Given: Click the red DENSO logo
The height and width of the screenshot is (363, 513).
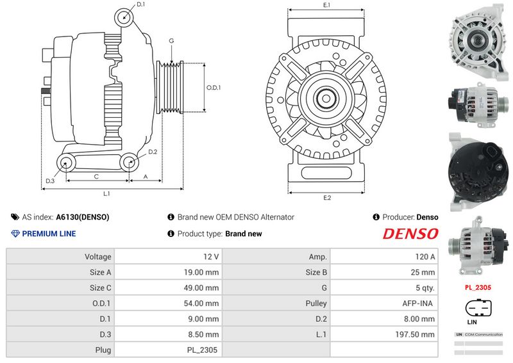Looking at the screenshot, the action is [410, 234].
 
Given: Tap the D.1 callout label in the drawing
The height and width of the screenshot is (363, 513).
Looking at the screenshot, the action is [140, 4].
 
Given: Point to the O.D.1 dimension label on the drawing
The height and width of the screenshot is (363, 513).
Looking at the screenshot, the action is [214, 88].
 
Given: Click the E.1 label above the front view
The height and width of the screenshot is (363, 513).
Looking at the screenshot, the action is [326, 5].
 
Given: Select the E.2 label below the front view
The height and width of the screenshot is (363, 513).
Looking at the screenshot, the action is [327, 198].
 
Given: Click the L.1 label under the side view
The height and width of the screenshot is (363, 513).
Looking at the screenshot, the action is [106, 194].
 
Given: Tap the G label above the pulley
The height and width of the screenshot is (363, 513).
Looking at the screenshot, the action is [171, 41].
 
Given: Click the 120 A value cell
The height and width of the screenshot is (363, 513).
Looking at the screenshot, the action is [425, 257].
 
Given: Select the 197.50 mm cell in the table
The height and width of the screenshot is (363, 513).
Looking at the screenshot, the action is [415, 334].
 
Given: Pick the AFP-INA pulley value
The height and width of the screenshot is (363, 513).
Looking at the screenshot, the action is [417, 303].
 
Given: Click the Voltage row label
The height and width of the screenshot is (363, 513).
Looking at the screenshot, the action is [98, 257].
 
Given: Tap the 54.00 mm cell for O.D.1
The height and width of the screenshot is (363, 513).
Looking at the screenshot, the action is [201, 303].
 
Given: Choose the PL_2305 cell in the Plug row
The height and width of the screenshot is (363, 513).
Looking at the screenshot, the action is [202, 350].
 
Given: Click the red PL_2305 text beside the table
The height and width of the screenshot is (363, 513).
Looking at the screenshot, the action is [478, 287].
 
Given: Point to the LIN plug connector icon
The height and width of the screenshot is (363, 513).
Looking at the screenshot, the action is [478, 308].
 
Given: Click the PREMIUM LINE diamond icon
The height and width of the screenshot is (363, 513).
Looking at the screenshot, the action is [15, 234].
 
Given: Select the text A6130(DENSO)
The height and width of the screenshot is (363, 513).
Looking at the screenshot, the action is [83, 217].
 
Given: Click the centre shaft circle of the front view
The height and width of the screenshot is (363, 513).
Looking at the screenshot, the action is [326, 98].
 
